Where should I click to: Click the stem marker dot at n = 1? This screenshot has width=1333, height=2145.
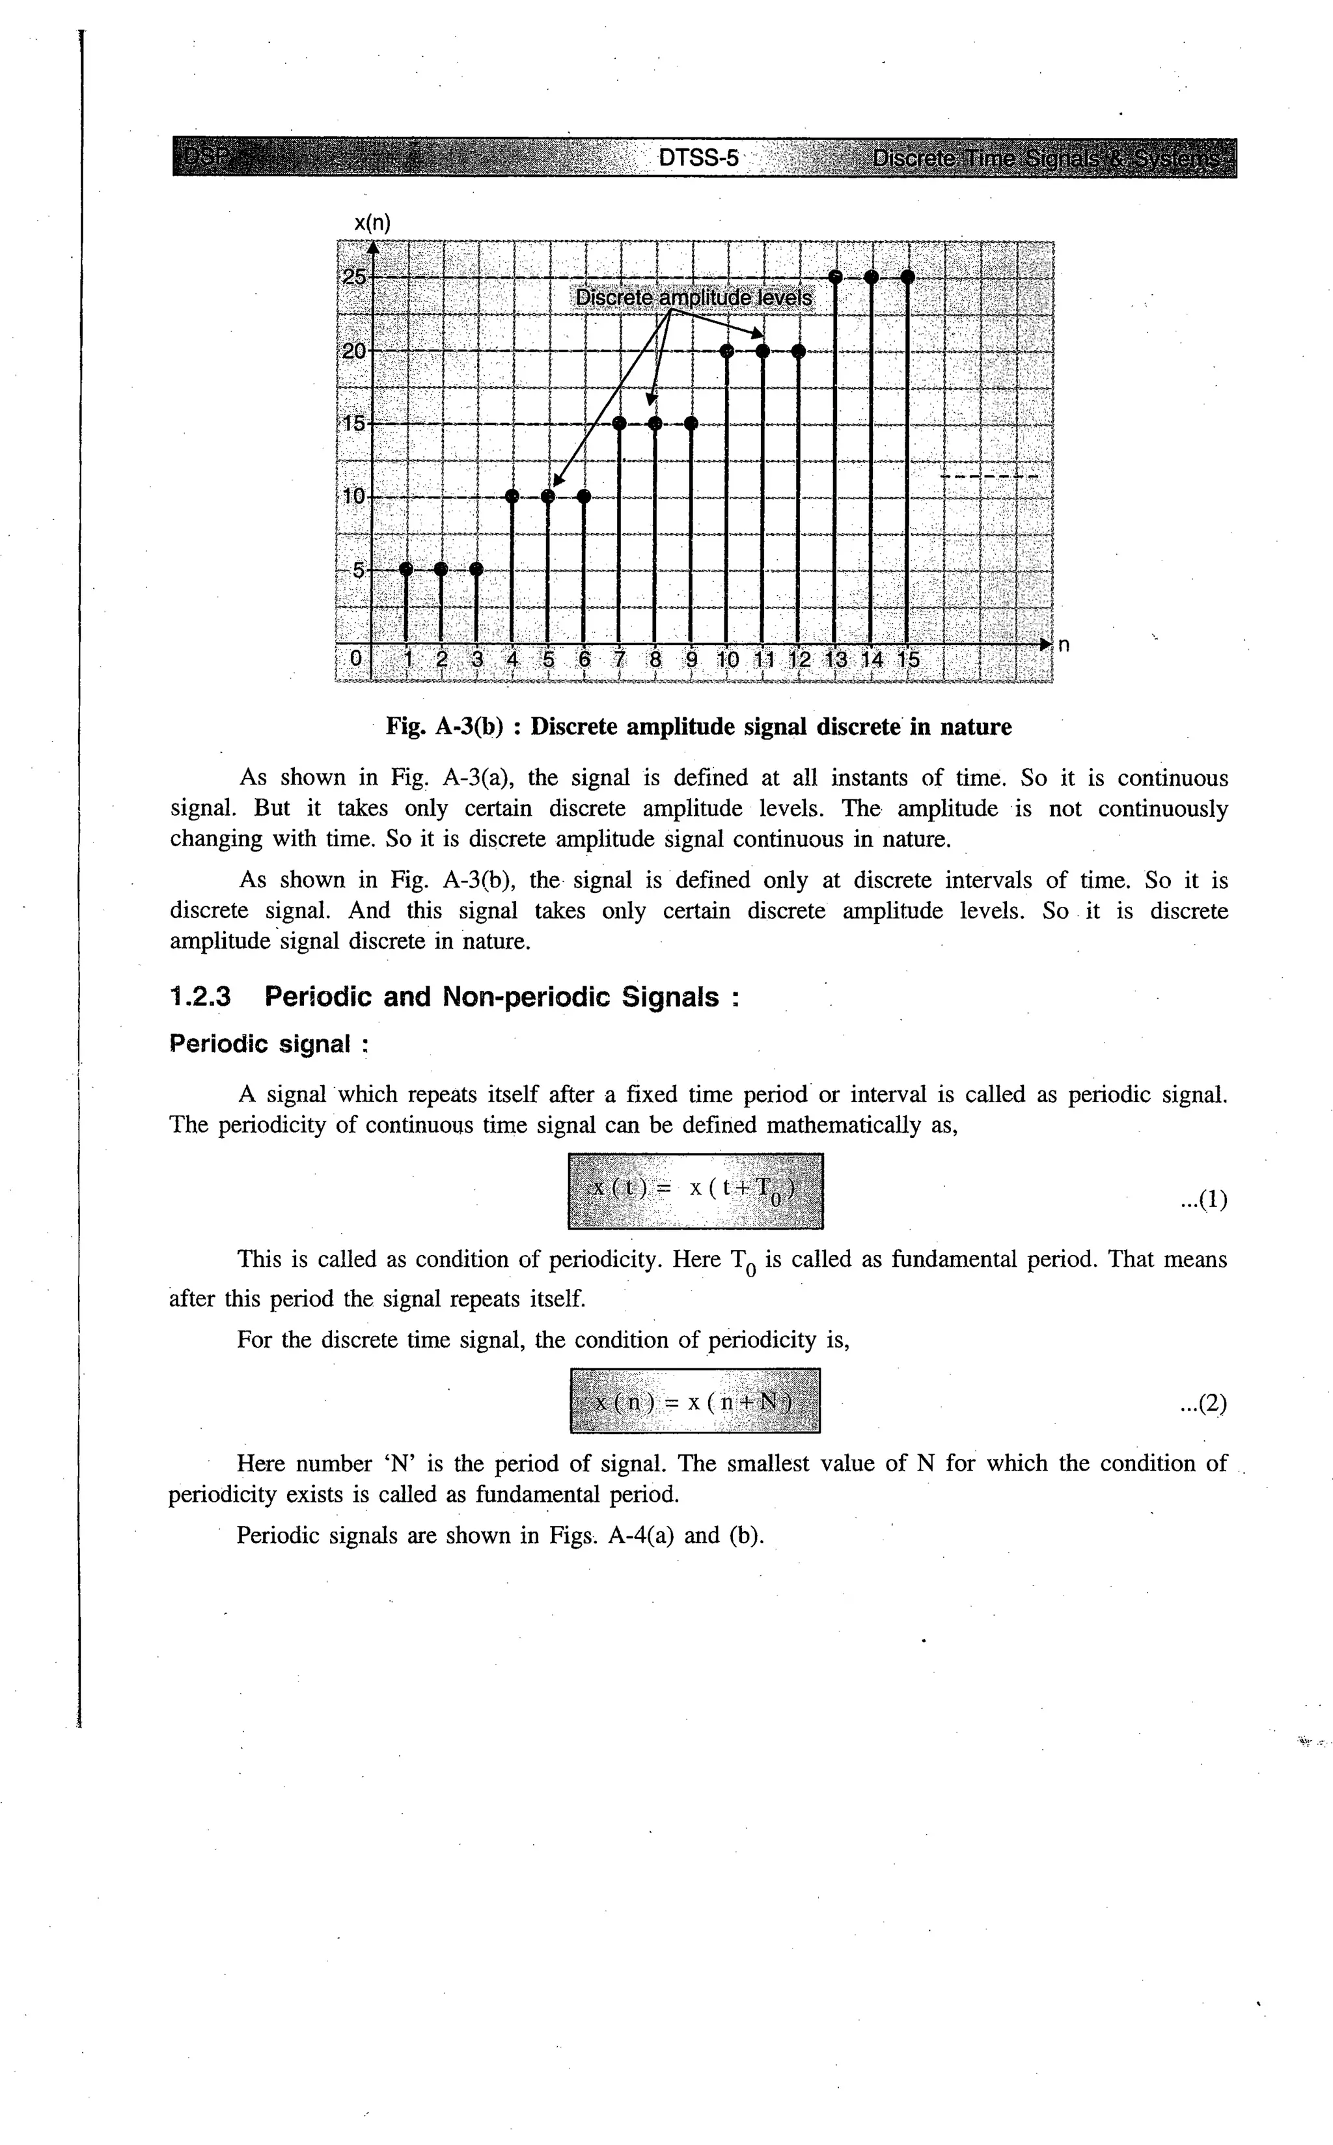click(405, 570)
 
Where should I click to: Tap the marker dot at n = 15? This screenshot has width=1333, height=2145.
click(907, 277)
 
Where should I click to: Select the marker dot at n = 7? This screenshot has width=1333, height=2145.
click(620, 424)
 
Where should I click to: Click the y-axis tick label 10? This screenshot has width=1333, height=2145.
click(353, 496)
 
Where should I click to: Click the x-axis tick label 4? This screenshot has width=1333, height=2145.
click(512, 659)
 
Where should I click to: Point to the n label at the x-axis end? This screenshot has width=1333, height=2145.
click(1064, 644)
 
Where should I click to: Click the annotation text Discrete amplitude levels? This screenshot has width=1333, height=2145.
click(694, 298)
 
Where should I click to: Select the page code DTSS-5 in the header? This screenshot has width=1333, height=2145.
click(698, 159)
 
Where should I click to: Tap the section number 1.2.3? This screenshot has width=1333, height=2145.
click(200, 997)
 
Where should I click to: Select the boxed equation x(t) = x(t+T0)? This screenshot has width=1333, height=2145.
click(696, 1190)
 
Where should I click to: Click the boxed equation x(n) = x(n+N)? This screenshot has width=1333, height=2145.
click(696, 1401)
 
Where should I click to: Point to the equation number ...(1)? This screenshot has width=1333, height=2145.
click(1203, 1199)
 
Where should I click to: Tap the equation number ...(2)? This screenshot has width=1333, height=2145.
click(1203, 1403)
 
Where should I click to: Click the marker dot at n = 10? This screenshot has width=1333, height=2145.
click(727, 352)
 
